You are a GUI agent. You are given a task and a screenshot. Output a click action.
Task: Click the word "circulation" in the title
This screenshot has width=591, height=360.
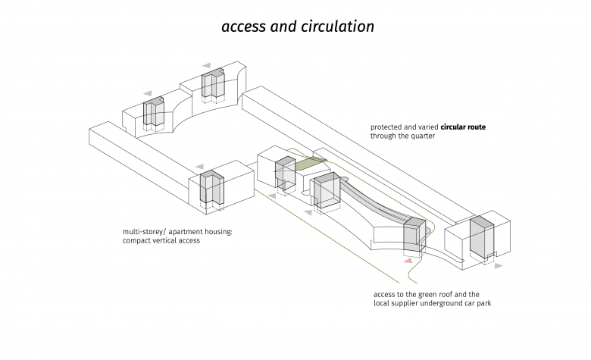(x=337, y=27)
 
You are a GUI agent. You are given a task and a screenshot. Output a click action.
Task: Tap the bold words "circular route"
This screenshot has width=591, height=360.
(x=460, y=127)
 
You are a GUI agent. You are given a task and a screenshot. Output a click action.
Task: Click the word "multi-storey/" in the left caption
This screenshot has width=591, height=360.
(x=146, y=232)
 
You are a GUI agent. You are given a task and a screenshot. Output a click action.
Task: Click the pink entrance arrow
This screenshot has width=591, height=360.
(x=408, y=261)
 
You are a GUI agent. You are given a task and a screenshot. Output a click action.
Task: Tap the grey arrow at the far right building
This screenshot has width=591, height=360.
(x=498, y=266)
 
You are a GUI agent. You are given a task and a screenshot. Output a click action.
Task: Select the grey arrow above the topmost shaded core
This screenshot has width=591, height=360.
(x=207, y=66)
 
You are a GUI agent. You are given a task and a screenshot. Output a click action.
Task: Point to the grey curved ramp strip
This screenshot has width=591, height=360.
(x=371, y=205)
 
